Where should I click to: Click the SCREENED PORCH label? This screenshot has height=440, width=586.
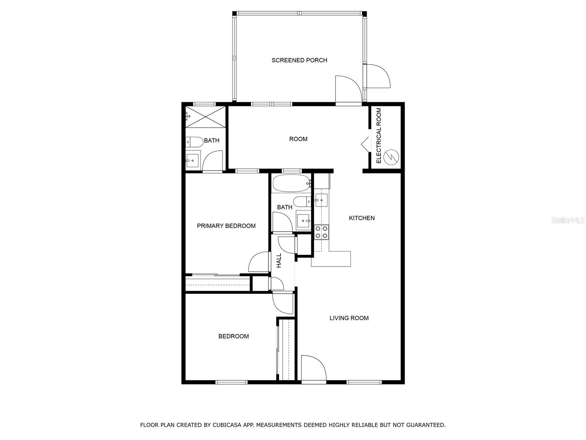(299, 60)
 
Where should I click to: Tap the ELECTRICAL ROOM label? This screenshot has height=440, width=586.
(379, 136)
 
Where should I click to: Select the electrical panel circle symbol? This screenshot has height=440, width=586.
(391, 157)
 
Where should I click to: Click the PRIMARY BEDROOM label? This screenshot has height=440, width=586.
(226, 226)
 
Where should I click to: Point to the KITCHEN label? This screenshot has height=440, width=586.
(362, 218)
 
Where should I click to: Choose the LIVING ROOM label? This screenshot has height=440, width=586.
(349, 318)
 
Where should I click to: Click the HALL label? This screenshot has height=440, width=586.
(279, 260)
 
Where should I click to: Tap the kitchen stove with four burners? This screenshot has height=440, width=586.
(321, 232)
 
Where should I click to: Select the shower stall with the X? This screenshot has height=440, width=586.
(205, 117)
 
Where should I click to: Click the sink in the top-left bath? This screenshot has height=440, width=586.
(192, 161)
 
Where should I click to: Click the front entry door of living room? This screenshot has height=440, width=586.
(314, 369)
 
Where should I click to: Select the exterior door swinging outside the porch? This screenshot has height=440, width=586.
(379, 76)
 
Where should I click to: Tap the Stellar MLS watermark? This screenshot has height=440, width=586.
(567, 220)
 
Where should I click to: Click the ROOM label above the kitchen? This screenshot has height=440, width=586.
(298, 139)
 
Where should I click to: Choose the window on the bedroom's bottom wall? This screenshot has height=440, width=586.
(231, 382)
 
